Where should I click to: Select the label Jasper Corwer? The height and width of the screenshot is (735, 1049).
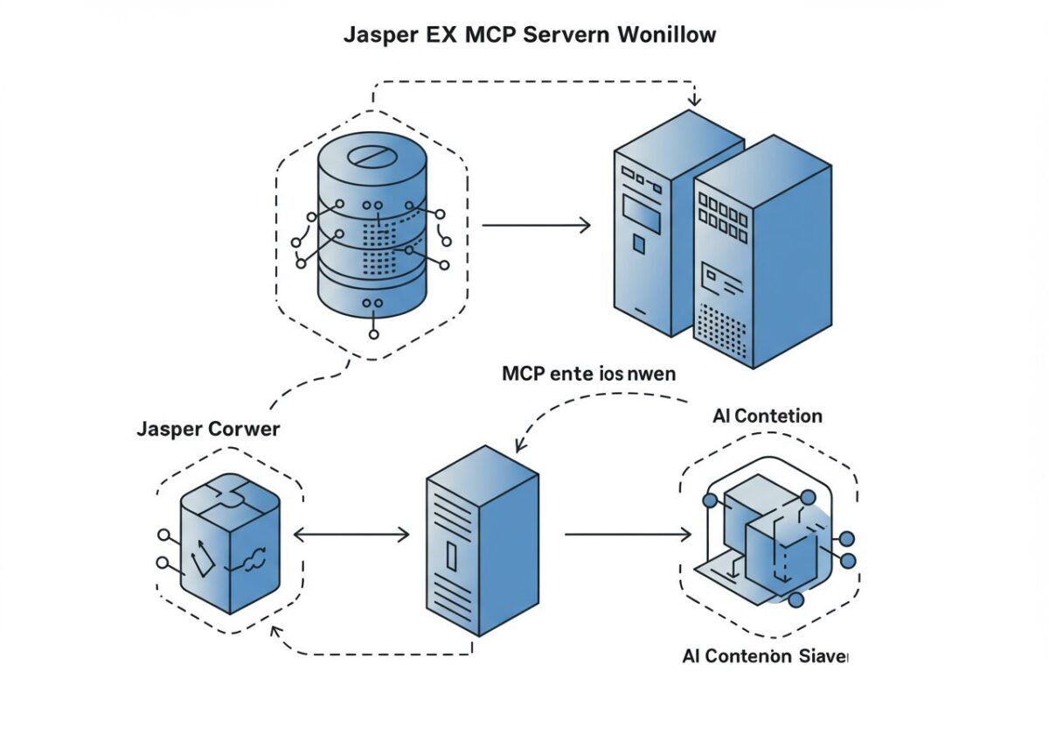pos(208,430)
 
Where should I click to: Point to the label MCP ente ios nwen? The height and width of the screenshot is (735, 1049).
pos(588,374)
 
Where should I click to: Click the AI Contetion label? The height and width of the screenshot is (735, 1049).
pos(768,416)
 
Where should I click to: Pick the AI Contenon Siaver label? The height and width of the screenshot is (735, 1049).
pos(764,655)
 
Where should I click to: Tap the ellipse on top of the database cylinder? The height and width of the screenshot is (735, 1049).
pos(372,157)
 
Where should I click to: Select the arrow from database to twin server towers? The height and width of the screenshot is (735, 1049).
pos(536,225)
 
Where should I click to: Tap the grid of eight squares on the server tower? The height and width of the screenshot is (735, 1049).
pos(725,214)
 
